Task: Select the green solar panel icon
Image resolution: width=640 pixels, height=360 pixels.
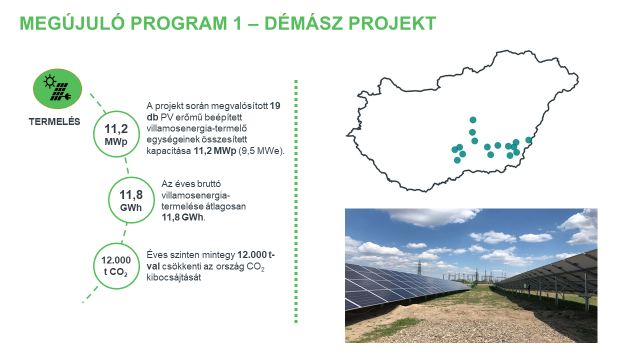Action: coord(56,89)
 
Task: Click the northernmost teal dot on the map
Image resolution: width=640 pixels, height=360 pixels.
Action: coord(473,120)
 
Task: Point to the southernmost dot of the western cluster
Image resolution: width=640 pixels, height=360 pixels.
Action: coord(455,159)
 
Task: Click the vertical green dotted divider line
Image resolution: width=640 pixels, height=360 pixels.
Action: coord(297,200)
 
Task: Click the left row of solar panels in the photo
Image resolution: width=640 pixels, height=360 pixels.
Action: coord(400,285)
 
